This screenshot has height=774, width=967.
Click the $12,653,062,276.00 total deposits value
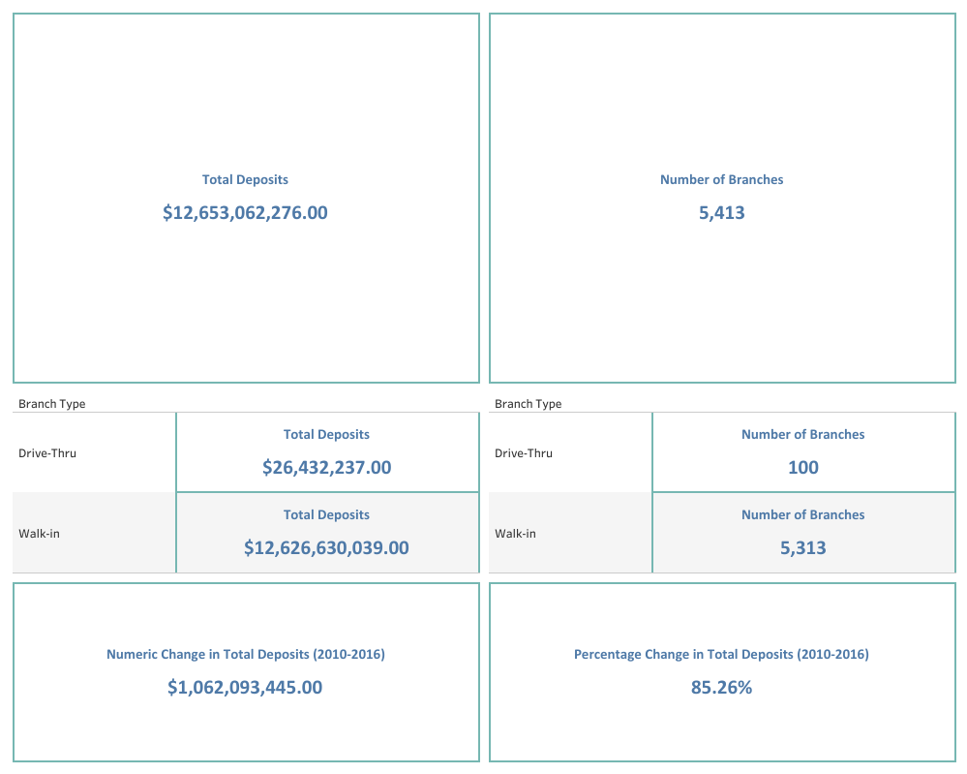coord(245,212)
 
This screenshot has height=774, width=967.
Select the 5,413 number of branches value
coord(721,212)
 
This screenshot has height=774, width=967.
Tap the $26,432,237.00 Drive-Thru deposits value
coord(326,467)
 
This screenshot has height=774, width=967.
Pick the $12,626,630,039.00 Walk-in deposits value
coord(326,547)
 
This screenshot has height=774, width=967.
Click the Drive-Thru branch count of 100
coord(802,467)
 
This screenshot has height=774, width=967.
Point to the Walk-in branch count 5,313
coord(802,547)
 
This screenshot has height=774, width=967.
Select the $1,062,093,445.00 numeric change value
coord(245,687)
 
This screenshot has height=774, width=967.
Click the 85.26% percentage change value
coord(721,687)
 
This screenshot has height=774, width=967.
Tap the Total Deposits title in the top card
coord(245,179)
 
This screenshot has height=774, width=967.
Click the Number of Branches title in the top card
coord(721,179)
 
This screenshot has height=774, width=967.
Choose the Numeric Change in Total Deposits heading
coord(245,654)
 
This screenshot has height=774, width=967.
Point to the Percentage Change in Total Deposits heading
coord(721,654)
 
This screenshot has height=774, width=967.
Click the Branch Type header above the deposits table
coord(51,404)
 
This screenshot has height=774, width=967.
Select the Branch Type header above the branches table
coord(528,404)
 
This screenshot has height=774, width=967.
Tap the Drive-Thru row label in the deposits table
coord(46,452)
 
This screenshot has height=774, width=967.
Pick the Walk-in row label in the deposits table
coord(39,533)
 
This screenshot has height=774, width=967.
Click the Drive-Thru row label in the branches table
coord(523,452)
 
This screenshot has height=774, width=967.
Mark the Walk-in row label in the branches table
coord(515,533)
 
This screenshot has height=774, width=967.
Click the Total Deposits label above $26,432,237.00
coord(326,434)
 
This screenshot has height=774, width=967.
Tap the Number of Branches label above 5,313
coord(802,514)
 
